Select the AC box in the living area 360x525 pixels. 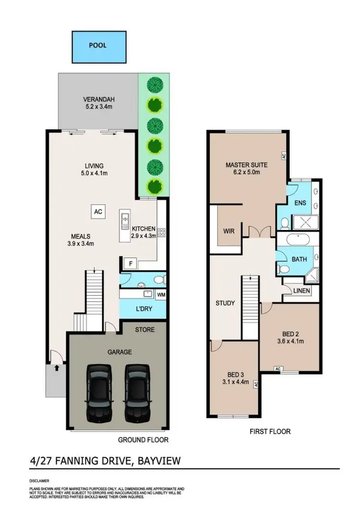97,212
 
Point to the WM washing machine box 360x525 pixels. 160,294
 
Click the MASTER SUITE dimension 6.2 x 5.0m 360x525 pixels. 246,173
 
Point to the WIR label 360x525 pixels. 228,231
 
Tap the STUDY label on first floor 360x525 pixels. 225,303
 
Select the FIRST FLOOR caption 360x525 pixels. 270,431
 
